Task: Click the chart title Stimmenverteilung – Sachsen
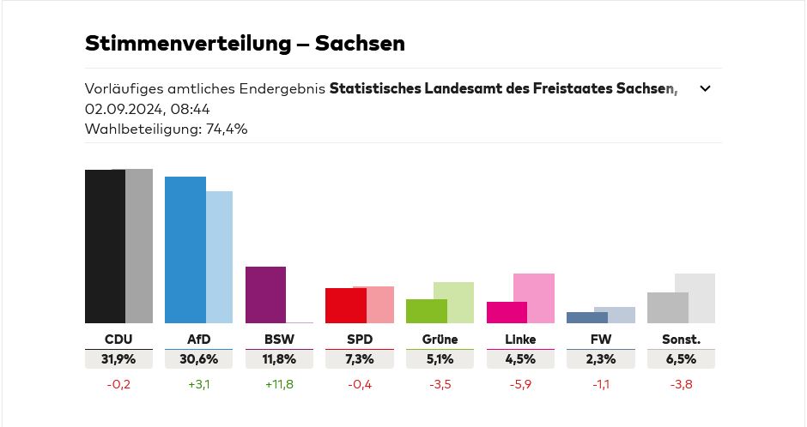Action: coord(245,43)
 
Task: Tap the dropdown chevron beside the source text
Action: coord(705,88)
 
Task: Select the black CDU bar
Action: coord(105,246)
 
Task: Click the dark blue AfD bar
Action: coord(185,250)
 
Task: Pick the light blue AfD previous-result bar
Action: coord(220,256)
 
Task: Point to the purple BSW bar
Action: coord(265,294)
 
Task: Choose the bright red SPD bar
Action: coord(345,305)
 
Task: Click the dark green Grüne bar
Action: coord(426,310)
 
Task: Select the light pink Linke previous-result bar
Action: coord(535,298)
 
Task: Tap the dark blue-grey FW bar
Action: coord(587,317)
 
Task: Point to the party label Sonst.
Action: coord(681,340)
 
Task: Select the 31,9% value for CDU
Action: coord(118,359)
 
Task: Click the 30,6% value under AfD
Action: coord(198,359)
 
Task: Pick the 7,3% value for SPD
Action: coord(359,359)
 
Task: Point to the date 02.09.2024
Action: coord(118,109)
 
